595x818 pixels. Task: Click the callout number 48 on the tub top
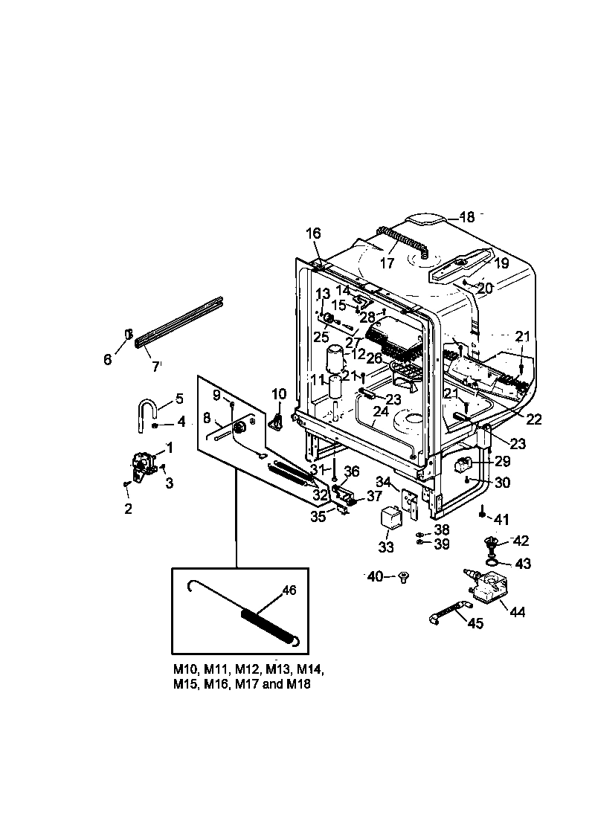coord(466,217)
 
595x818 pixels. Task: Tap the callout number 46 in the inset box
coord(288,591)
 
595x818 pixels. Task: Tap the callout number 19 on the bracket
coord(501,263)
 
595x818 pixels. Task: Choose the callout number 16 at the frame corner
coord(313,234)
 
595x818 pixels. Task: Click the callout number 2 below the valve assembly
coord(129,509)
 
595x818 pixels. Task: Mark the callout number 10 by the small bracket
coord(278,393)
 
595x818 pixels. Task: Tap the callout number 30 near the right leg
coord(502,483)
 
